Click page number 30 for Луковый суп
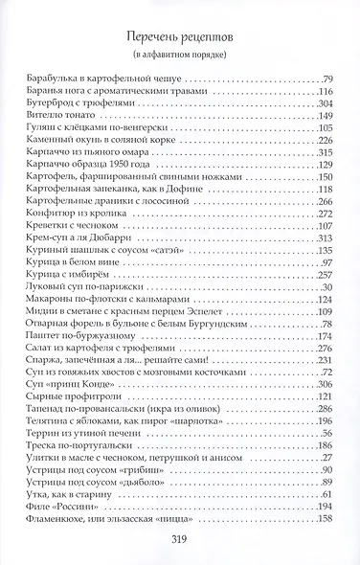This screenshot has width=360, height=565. point(326,288)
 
